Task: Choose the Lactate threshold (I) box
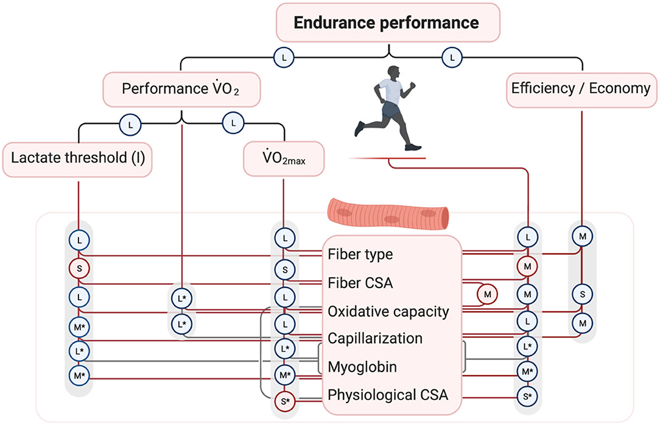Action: pos(78,160)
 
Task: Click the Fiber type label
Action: pos(360,255)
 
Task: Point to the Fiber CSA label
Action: pos(360,283)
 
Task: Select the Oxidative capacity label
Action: pos(388,312)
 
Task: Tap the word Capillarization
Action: pos(375,339)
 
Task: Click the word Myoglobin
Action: pos(363,367)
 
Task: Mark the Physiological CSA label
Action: pos(388,395)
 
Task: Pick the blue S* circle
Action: pos(528,395)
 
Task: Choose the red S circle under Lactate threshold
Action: pos(79,269)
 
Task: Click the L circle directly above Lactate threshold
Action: pos(130,124)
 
